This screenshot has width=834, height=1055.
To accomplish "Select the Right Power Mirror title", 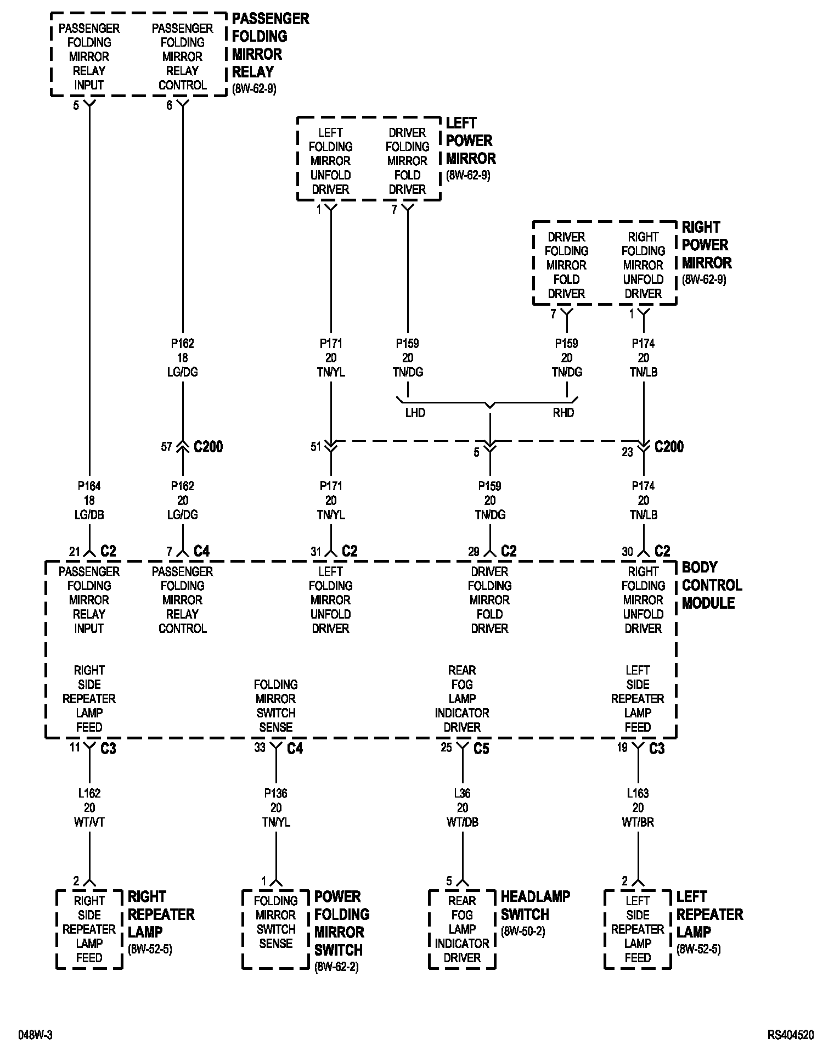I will pos(706,245).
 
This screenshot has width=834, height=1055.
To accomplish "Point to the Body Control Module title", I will pos(712,585).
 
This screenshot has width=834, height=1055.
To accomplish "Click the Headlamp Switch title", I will pos(535,905).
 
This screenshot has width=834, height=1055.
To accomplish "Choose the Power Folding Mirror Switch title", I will pos(342,923).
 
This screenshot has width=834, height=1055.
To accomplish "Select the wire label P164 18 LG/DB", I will pos(89,500).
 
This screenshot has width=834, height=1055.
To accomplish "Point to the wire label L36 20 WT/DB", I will pos(463,807).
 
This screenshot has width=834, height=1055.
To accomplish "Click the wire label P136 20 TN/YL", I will pos(276,807).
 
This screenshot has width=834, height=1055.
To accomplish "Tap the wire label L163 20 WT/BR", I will pos(638,807).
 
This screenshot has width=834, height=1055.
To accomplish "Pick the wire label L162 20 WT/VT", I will pos(89,807).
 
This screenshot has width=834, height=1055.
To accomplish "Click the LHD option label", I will pos(415,413).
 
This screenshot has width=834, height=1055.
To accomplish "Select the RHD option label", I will pos(563,413).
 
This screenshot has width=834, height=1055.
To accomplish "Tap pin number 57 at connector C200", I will pos(167,447).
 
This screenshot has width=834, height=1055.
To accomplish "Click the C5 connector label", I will pos(481,748).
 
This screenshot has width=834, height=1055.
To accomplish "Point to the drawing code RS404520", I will pos(791,1035).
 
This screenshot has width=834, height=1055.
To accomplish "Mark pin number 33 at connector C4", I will pos(260,748).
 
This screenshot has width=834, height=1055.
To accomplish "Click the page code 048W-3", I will pos(36,1035).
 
